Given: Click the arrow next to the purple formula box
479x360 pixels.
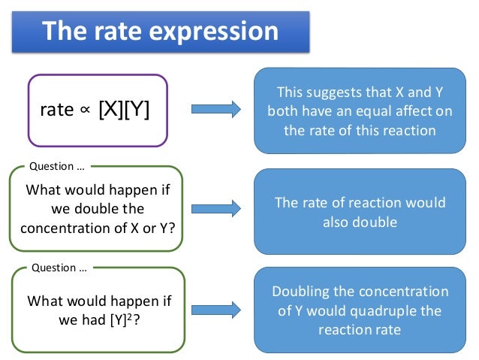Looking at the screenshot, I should click(x=215, y=110).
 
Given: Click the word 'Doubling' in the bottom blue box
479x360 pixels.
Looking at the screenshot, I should click(x=302, y=292).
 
